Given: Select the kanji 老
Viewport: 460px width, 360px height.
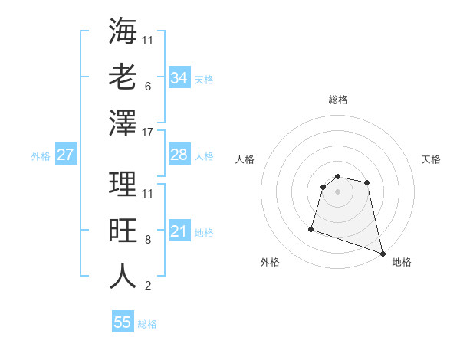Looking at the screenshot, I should click(x=123, y=77).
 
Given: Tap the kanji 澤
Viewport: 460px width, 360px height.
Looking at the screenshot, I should click(x=123, y=123).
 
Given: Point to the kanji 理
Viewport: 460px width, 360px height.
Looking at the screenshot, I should click(x=123, y=184).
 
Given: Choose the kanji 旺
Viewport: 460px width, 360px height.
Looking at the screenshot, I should click(x=123, y=230).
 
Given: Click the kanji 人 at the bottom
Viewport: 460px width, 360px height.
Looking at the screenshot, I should click(x=123, y=276).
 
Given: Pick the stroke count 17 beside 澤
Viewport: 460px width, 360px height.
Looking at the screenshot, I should click(x=148, y=133).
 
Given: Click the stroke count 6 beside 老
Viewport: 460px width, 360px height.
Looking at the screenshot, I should click(x=147, y=87).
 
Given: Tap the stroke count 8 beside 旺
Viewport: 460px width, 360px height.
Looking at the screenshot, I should click(x=147, y=240).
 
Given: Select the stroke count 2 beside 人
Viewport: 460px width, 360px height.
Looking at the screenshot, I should click(x=147, y=286).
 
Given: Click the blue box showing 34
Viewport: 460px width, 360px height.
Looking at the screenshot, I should click(x=179, y=78).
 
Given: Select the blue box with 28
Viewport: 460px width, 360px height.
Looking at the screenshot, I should click(x=179, y=155).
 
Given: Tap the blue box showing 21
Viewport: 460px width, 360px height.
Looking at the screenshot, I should click(x=179, y=231).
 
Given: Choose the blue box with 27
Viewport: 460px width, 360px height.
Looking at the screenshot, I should click(x=65, y=155).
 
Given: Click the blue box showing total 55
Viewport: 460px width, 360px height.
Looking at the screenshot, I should click(x=123, y=322).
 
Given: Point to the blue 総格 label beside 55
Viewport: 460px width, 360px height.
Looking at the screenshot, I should click(x=147, y=324).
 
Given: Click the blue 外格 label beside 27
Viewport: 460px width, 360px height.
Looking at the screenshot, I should click(x=41, y=156).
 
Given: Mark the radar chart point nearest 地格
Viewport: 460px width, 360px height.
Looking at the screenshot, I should click(x=383, y=252).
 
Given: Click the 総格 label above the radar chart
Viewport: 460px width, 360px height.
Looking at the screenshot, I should click(x=337, y=100).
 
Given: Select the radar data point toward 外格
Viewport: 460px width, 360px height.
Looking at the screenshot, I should click(x=311, y=228).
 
